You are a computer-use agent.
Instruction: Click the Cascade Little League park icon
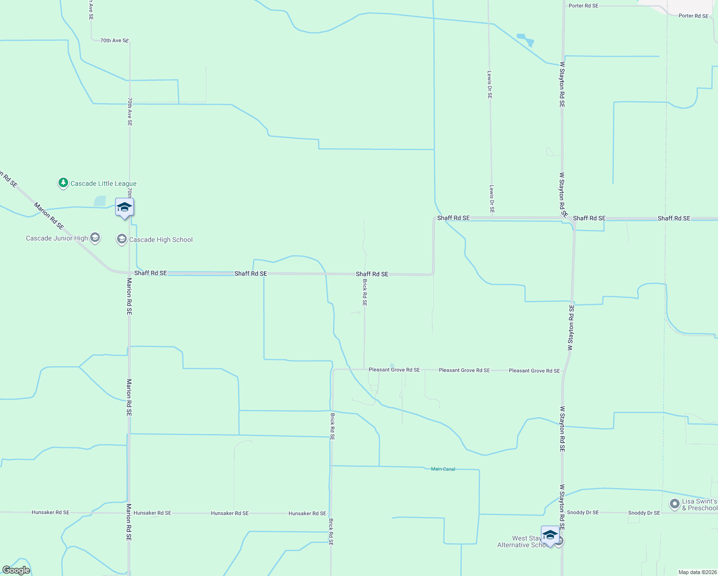pos(63,183)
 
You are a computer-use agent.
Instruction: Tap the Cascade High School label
pos(161,240)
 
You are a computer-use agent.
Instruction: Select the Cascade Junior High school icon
pos(95,238)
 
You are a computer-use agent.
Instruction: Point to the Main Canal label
pos(443,469)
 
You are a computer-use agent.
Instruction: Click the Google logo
pos(16,570)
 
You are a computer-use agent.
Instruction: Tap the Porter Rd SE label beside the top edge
pos(583,6)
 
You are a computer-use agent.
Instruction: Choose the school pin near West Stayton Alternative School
pos(550,535)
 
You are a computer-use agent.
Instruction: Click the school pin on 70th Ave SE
pos(124,207)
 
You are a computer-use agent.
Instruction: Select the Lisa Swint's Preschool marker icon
pos(675,504)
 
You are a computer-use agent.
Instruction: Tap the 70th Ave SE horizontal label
pos(114,41)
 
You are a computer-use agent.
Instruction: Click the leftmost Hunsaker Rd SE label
pos(50,512)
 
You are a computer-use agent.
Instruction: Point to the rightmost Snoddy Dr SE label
pos(644,513)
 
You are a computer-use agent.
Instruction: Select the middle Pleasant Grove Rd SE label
pos(464,370)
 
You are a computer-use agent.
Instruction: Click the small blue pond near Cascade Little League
pos(100,201)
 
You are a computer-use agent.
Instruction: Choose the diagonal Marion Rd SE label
pos(49,216)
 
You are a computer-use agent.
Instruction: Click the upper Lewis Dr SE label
pos(490,84)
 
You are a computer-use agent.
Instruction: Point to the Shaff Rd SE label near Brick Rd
pos(372,274)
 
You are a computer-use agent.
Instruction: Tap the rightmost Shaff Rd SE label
pos(674,218)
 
